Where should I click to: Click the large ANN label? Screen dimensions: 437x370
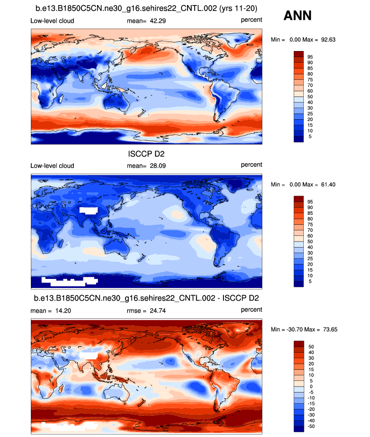(x=298, y=16)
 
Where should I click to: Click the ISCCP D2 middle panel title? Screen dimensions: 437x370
(x=147, y=155)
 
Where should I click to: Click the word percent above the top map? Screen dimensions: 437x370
(x=251, y=20)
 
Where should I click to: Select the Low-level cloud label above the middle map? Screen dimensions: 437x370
(x=52, y=166)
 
